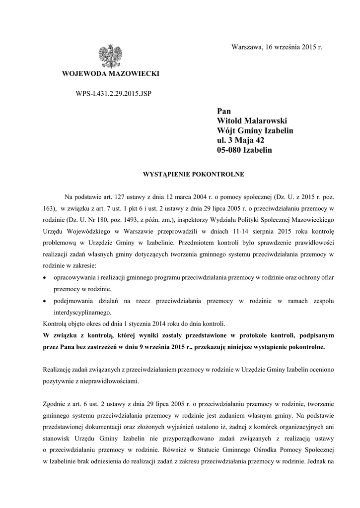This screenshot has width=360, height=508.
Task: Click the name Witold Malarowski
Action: point(252,121)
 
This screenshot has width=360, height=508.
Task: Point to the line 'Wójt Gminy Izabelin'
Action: point(255,130)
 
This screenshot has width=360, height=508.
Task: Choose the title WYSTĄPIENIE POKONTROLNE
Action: point(179,175)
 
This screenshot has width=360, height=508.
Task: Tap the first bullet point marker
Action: point(46,279)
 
